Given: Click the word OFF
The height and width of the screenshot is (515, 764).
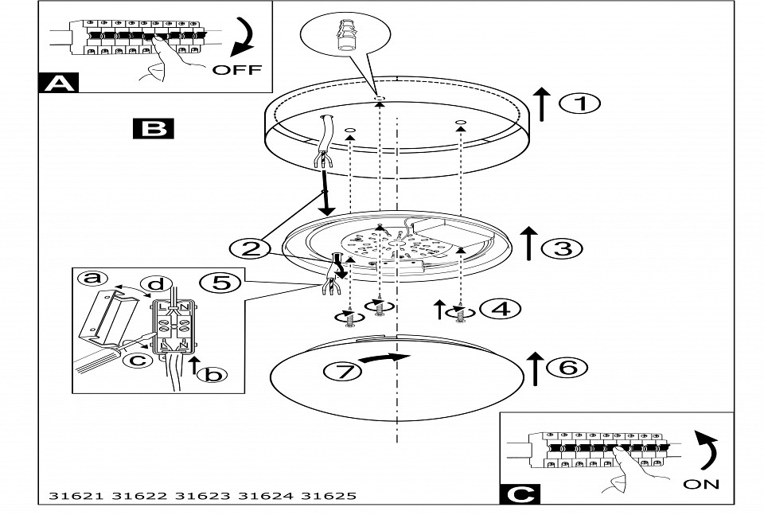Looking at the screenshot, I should pyautogui.click(x=236, y=69).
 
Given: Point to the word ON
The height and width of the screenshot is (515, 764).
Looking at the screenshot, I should pyautogui.click(x=700, y=483).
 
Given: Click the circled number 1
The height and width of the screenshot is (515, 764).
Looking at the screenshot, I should pyautogui.click(x=579, y=103).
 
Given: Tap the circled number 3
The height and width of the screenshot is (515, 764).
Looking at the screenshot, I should pyautogui.click(x=562, y=248).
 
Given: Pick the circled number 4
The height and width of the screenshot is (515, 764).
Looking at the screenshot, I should pyautogui.click(x=501, y=308).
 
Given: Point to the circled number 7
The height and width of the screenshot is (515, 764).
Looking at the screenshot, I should pyautogui.click(x=337, y=369).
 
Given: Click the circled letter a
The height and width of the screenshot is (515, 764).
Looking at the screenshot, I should pyautogui.click(x=92, y=278).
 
